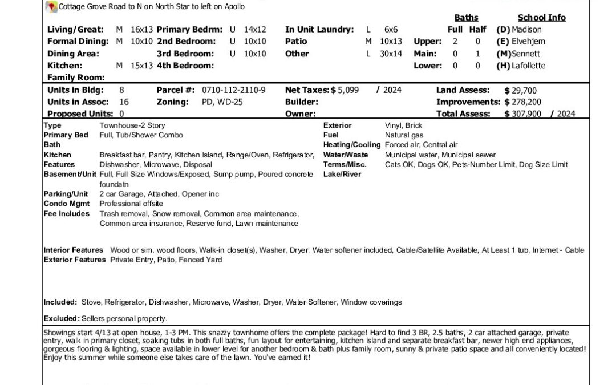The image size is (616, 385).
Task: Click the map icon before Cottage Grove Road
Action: coord(52,6)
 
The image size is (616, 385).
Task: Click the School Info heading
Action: coord(541,18)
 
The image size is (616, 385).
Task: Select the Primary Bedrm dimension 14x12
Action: coord(255,30)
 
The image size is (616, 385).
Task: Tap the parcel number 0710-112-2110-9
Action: coord(233,90)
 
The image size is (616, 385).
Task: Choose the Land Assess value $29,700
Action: coord(520,90)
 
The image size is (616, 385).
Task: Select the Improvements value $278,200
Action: coord(524,102)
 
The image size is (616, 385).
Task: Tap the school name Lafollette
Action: coord(529,66)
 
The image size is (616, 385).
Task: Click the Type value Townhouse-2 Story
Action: coord(132,125)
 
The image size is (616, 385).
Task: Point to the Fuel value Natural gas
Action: coord(404,135)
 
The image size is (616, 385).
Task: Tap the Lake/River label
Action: coord(342,174)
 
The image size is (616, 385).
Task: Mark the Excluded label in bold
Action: coord(62,318)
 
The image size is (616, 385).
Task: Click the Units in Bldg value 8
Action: coord(121,90)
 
